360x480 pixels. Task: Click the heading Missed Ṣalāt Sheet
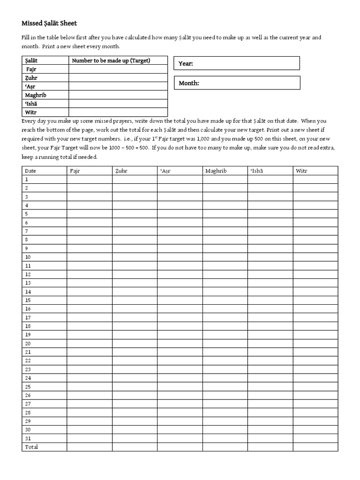coord(49,23)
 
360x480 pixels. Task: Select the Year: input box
coord(237,63)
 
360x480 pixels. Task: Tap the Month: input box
coord(237,83)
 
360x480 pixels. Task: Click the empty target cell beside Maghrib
coord(118,95)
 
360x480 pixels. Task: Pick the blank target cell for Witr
coord(118,112)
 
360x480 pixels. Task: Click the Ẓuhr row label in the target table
coord(31,78)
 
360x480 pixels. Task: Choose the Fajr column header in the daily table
coord(75,171)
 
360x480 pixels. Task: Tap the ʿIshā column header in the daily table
coord(257,171)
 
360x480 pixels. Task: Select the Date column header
coord(30,171)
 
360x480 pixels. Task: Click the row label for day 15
coord(28,300)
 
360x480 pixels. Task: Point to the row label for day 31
coord(28,438)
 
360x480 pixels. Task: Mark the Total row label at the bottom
coord(31,447)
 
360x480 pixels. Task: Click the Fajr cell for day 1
coord(89,179)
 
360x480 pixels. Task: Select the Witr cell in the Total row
coord(315,447)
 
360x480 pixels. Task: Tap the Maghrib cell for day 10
coord(225,257)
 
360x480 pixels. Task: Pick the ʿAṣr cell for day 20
coord(180,343)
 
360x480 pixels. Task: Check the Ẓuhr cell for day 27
coord(135,404)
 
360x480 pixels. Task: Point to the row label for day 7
coord(27,231)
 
